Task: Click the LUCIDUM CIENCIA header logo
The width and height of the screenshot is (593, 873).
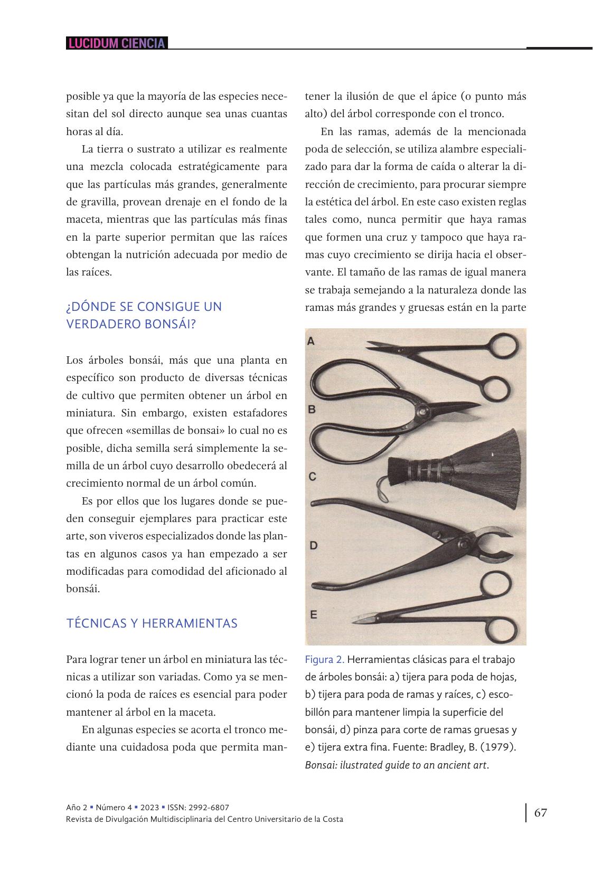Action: (117, 43)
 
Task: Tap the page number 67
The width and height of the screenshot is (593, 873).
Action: (540, 812)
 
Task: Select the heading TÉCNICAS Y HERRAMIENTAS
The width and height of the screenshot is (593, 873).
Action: (152, 623)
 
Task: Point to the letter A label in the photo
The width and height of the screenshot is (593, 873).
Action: (310, 341)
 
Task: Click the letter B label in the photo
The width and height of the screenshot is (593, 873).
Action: (312, 409)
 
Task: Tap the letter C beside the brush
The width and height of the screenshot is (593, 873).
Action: (312, 477)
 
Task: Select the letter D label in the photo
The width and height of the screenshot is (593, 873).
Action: (313, 545)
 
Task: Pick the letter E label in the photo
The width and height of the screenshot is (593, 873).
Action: (313, 614)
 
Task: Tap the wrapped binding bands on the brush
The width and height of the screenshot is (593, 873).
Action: (422, 470)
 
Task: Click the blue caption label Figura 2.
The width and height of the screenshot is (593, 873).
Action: (324, 660)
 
